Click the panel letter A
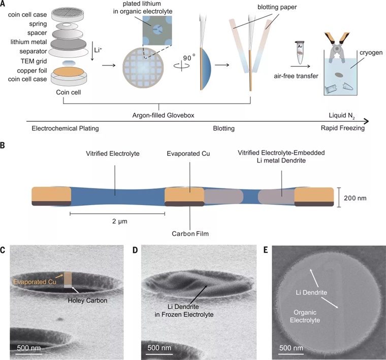[4, 4]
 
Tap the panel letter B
[4, 145]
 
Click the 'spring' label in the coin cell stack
[37, 23]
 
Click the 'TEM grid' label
[31, 60]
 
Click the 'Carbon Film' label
[189, 235]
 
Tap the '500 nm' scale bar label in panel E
[293, 348]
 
